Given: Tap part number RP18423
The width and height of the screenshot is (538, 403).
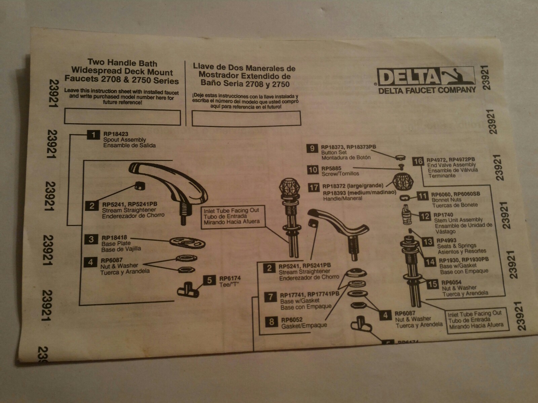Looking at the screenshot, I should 116,134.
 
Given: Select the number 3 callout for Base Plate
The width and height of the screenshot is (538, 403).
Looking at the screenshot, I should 91,239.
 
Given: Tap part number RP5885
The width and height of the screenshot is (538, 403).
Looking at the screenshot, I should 331,168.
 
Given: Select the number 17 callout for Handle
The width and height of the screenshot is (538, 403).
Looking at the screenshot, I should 314,187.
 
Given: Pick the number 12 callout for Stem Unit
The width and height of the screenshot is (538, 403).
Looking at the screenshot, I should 425,216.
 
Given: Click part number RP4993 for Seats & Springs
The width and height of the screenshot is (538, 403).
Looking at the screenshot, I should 447,240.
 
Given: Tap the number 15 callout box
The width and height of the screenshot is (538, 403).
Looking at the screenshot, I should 433,284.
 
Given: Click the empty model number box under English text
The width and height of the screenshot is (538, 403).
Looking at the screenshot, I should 122,117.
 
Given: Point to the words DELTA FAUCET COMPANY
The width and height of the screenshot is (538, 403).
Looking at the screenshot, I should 427,90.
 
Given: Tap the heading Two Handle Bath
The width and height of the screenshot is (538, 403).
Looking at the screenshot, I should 122,62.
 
